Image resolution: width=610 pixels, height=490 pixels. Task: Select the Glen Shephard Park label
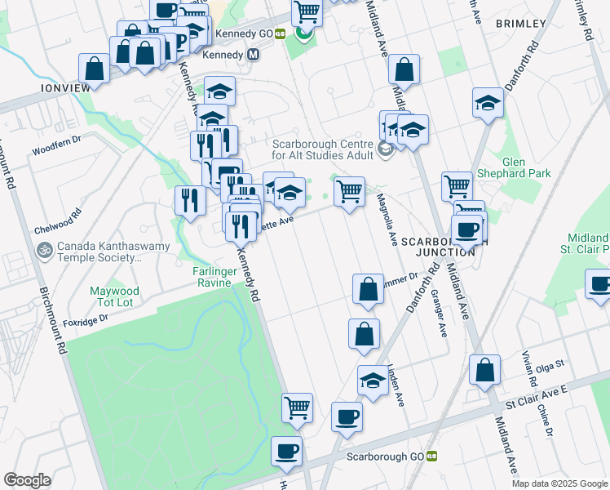pyautogui.click(x=527, y=167)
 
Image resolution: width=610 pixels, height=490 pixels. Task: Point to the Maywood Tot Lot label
pyautogui.click(x=114, y=296)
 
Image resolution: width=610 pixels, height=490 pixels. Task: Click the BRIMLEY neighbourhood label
pyautogui.click(x=519, y=24)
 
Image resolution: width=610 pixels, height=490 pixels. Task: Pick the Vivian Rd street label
pyautogui.click(x=532, y=372)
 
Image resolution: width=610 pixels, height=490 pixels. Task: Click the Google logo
pyautogui.click(x=27, y=479)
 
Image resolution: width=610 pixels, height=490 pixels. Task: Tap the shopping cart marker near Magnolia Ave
pyautogui.click(x=349, y=192)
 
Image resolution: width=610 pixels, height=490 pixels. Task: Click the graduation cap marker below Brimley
pyautogui.click(x=488, y=103)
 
